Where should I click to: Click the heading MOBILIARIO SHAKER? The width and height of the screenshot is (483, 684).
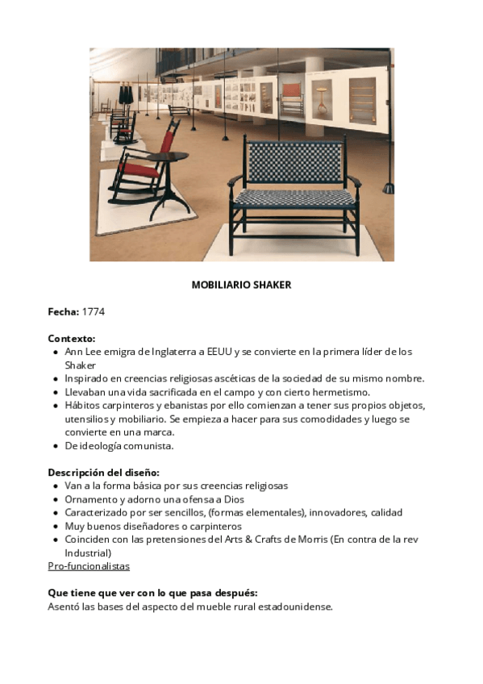[241, 285]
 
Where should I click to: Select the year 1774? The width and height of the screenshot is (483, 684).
[94, 311]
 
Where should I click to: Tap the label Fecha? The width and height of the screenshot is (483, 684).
[63, 311]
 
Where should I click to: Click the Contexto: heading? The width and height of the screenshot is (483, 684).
[72, 338]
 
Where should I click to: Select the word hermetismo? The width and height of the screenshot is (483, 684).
[342, 392]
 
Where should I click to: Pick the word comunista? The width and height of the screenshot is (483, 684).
[147, 445]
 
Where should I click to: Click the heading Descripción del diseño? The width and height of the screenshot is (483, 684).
[103, 472]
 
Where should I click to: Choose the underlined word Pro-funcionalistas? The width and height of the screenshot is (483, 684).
[89, 566]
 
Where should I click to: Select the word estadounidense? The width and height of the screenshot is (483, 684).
[292, 607]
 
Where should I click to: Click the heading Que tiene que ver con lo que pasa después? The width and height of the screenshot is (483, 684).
[152, 593]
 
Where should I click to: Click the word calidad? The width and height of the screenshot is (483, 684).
[386, 512]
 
